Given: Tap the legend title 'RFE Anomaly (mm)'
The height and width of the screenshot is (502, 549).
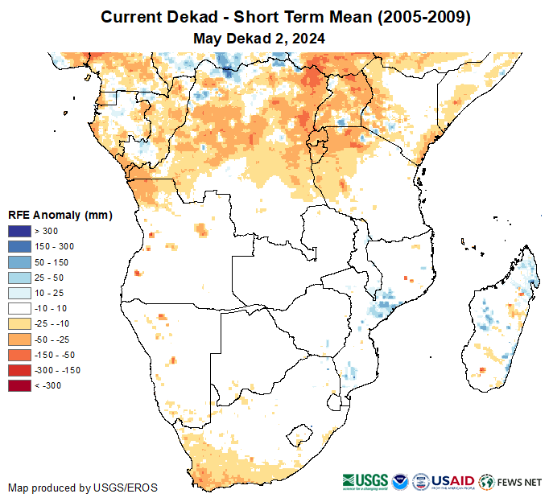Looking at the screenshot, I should pyautogui.click(x=60, y=215).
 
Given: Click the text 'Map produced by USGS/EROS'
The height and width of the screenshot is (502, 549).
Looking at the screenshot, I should pyautogui.click(x=83, y=488).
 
